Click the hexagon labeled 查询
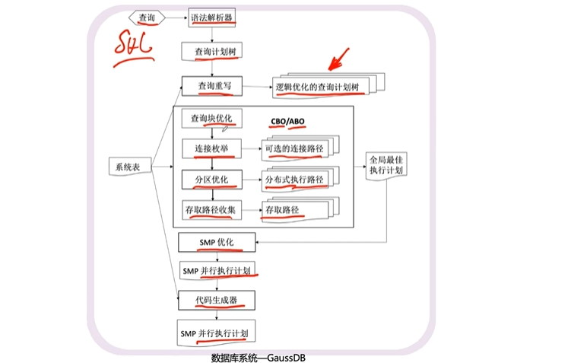pos(147,18)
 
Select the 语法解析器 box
pos(211,18)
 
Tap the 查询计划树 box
pos(211,52)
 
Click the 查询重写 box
pos(212,86)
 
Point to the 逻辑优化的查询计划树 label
pos(317,87)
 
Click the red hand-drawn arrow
pos(338,59)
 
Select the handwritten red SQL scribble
pos(133,48)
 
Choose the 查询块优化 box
pos(211,119)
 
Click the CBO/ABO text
pos(287,121)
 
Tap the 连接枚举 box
pos(211,148)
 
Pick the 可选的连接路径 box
pos(294,148)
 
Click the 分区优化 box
pos(212,180)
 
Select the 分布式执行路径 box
pos(294,180)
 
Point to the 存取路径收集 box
pos(211,210)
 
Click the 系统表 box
pos(130,167)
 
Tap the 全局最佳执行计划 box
pos(386,165)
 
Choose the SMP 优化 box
pos(217,242)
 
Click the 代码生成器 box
pos(216,301)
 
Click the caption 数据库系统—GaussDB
pos(259,358)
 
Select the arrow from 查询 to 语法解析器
pos(176,18)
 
